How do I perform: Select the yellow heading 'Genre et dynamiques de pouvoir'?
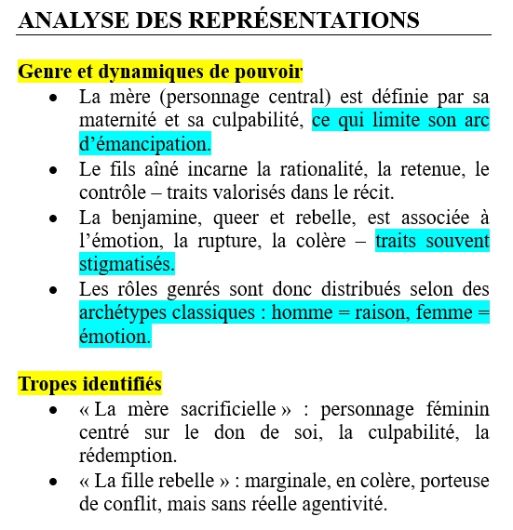pos(160,71)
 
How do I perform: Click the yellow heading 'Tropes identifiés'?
pos(90,383)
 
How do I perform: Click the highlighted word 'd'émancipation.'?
pos(145,144)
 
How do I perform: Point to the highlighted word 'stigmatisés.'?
pos(127,265)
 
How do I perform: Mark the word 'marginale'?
pos(275,482)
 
